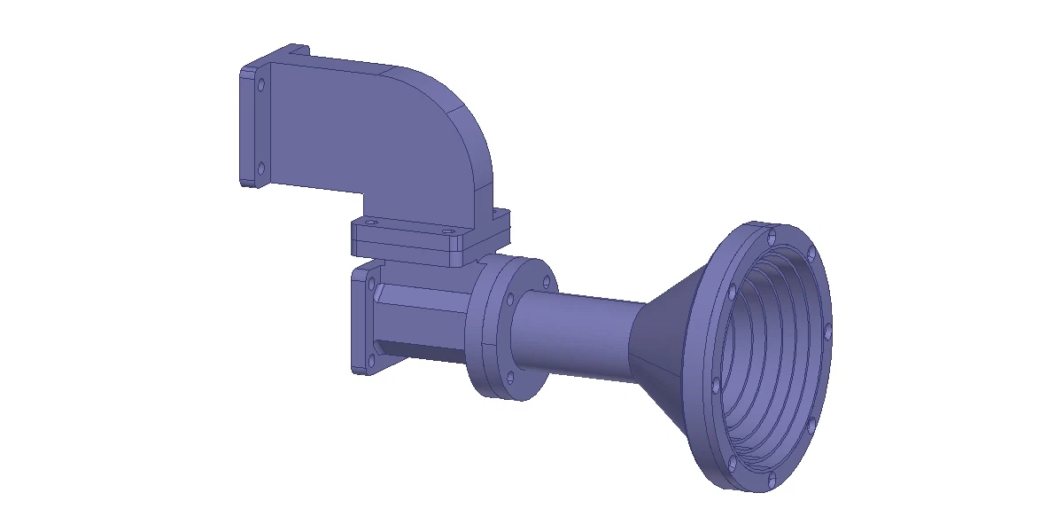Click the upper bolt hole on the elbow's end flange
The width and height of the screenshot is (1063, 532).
pos(261,85)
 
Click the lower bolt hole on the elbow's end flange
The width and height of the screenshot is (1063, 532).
pos(260,167)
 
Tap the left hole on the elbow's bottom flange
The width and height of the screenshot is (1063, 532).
pos(372,222)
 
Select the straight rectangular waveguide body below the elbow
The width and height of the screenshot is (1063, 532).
pos(416,319)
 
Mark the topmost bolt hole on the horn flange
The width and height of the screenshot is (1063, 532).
pos(772,237)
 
